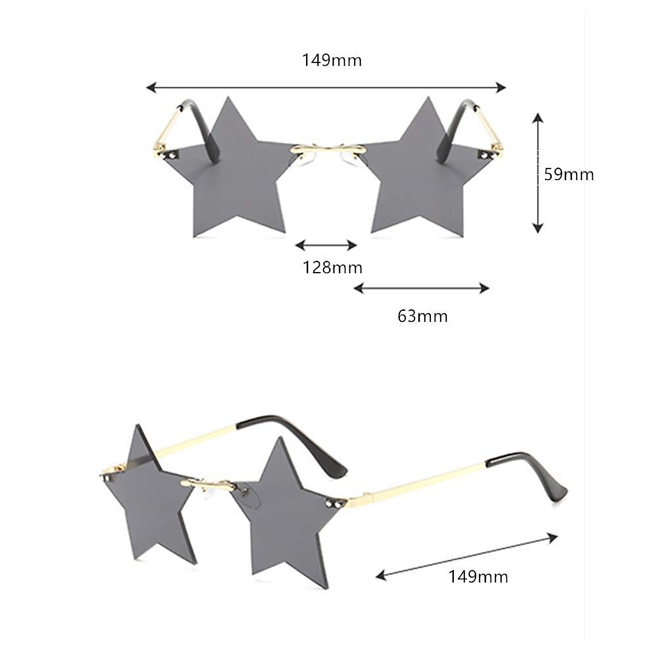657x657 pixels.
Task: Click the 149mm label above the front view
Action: (332, 60)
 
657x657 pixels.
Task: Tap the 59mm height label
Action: (569, 175)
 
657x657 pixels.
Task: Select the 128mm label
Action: (332, 268)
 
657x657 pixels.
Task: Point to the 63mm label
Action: (422, 316)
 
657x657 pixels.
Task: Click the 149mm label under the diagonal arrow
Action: (478, 577)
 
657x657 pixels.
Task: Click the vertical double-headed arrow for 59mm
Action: (538, 172)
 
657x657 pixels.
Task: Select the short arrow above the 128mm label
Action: (326, 245)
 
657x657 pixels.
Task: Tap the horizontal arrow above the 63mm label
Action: (421, 288)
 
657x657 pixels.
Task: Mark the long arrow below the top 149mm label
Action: (326, 87)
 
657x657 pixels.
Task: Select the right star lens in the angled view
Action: (285, 509)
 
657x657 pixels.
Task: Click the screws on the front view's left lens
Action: (173, 156)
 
